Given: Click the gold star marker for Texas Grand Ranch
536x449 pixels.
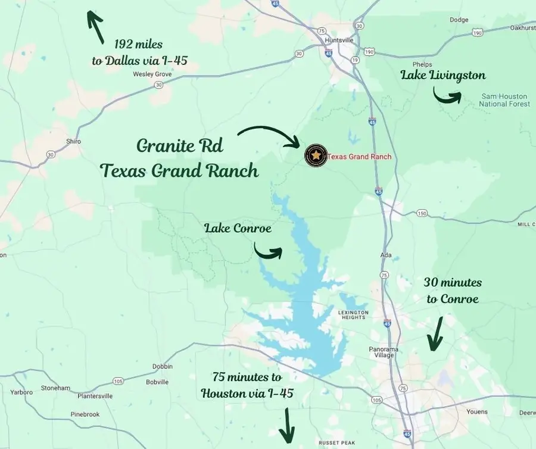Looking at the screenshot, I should pyautogui.click(x=316, y=156).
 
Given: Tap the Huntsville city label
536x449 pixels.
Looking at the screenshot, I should pyautogui.click(x=339, y=40).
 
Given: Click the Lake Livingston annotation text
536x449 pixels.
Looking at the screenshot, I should pyautogui.click(x=442, y=75).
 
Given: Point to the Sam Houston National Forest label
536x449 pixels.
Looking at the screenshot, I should pyautogui.click(x=504, y=100).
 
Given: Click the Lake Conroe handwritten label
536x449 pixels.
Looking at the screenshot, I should pyautogui.click(x=238, y=227).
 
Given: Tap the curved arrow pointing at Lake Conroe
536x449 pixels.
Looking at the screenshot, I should pyautogui.click(x=268, y=251).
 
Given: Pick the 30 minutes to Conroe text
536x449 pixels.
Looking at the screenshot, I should pyautogui.click(x=453, y=291).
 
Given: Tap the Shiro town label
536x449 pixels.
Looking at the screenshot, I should pyautogui.click(x=73, y=141).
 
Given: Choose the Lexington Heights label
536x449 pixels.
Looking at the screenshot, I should pyautogui.click(x=354, y=315).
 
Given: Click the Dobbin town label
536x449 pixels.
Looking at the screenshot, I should pyautogui.click(x=163, y=366).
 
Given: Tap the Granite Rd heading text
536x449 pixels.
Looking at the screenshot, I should pyautogui.click(x=180, y=145).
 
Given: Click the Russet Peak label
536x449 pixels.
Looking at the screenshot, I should pyautogui.click(x=336, y=442).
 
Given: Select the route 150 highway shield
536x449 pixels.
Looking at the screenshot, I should pyautogui.click(x=422, y=213).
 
